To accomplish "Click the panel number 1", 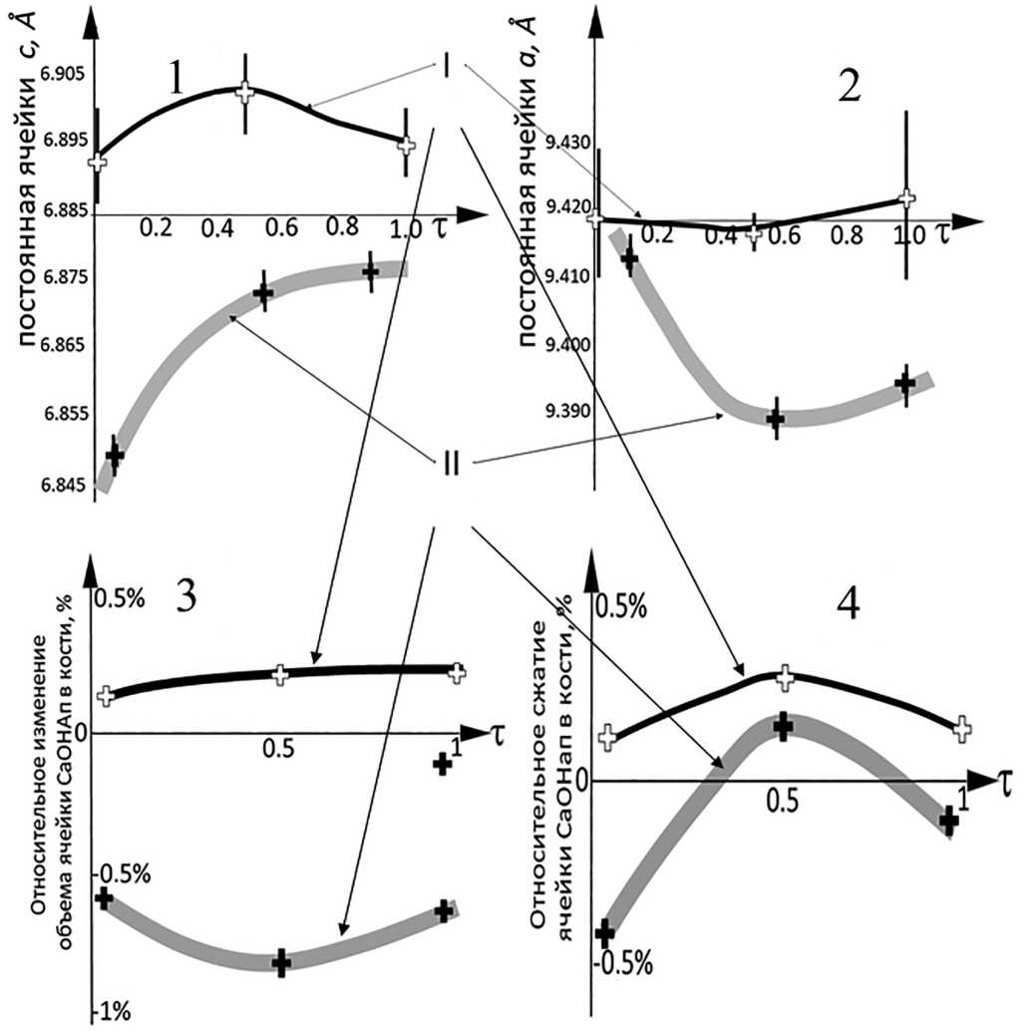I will (176, 78).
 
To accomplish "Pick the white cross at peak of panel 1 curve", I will (244, 92).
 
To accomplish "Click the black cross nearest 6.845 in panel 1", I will (115, 456).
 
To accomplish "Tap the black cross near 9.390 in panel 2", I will (776, 419).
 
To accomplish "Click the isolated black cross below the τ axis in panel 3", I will (443, 764).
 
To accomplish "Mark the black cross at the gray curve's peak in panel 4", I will (783, 725).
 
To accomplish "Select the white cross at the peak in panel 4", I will (784, 678).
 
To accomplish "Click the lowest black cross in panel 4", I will (605, 932).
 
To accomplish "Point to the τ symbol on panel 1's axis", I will (440, 227).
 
